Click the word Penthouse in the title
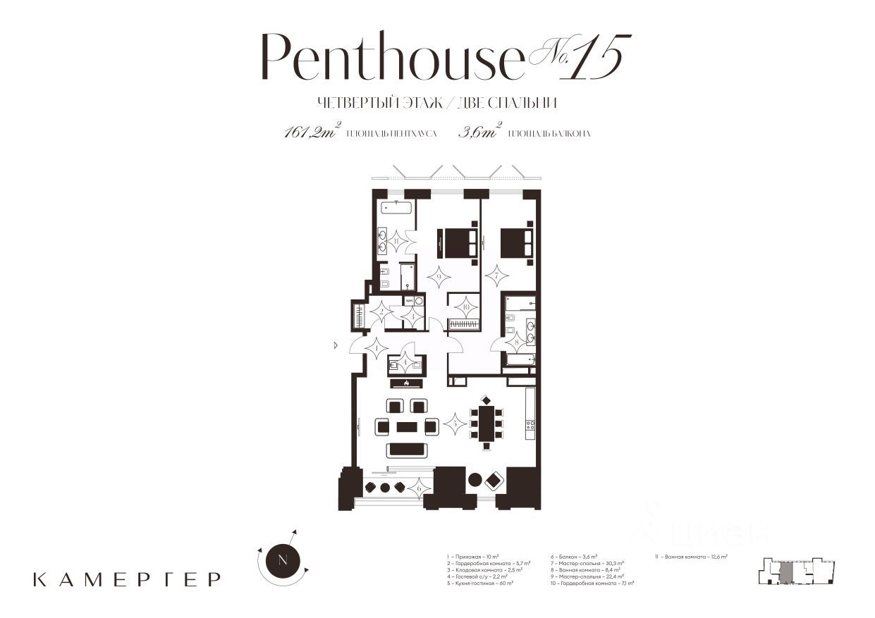coord(391,57)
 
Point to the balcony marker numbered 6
coord(419,487)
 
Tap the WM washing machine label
coord(408,301)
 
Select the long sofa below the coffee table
coord(407,450)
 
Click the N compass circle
coord(283,561)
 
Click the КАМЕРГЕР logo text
coord(127,579)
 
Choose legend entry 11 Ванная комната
coord(692,557)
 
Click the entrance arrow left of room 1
coord(337,345)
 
